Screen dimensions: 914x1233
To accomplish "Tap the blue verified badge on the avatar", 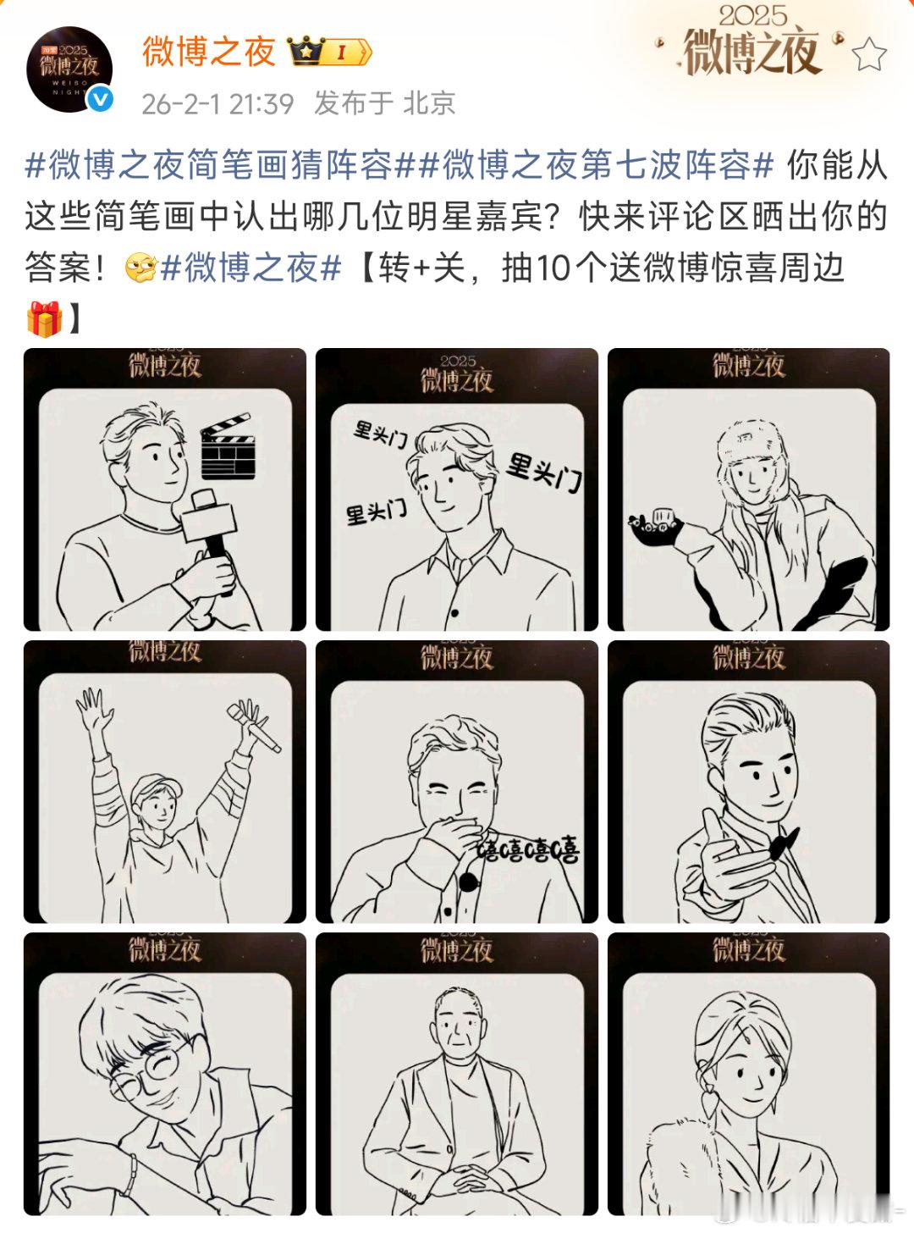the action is pos(101,100).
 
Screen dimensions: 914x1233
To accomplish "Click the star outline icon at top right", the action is pos(869,56).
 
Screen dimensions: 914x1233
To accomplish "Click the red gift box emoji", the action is pos(45,318).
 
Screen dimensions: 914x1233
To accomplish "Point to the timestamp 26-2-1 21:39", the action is pos(217,103).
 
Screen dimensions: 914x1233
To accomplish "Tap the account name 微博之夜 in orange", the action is pos(208,52).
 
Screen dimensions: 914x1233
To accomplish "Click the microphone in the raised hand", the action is pos(253,725).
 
